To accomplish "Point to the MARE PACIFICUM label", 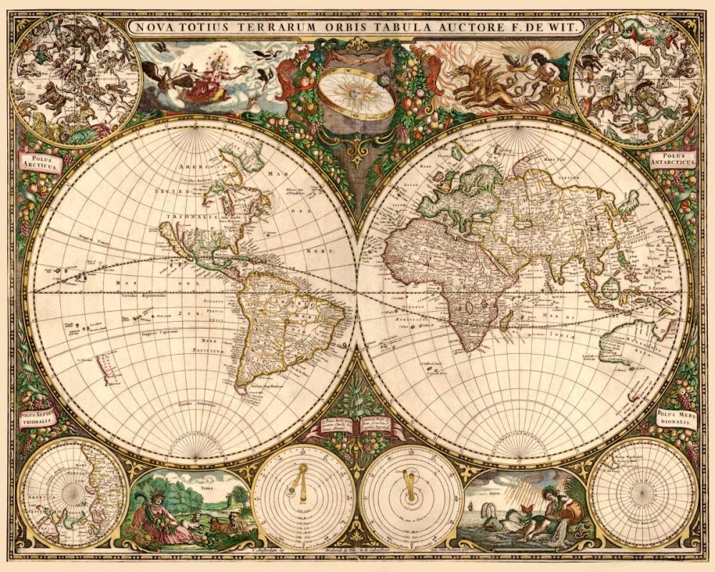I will tap(207, 346).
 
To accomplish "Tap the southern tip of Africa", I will tap(465, 349).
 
